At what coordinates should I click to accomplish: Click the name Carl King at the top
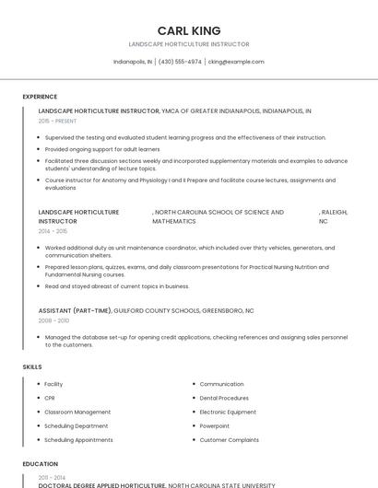[x=189, y=30]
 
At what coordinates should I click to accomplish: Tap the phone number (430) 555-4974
[x=180, y=62]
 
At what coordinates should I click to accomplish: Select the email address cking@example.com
[x=236, y=62]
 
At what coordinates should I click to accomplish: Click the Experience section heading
[x=40, y=96]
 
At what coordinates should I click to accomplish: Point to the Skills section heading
[x=32, y=366]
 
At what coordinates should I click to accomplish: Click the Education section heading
[x=40, y=463]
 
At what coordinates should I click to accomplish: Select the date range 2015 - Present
[x=57, y=121]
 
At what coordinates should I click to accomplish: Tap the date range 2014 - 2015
[x=53, y=231]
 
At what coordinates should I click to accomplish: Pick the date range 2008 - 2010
[x=53, y=320]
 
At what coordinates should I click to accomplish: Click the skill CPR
[x=50, y=398]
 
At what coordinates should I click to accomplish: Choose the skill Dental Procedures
[x=224, y=398]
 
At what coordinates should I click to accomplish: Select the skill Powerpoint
[x=215, y=425]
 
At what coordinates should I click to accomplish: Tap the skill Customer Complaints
[x=229, y=439]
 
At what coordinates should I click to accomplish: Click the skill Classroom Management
[x=77, y=412]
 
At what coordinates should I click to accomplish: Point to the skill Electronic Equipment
[x=228, y=412]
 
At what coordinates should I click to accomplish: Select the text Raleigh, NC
[x=333, y=216]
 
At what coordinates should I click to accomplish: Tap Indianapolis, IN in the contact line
[x=133, y=62]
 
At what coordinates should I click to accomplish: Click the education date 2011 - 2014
[x=53, y=477]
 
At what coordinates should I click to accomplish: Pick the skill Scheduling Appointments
[x=78, y=439]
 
